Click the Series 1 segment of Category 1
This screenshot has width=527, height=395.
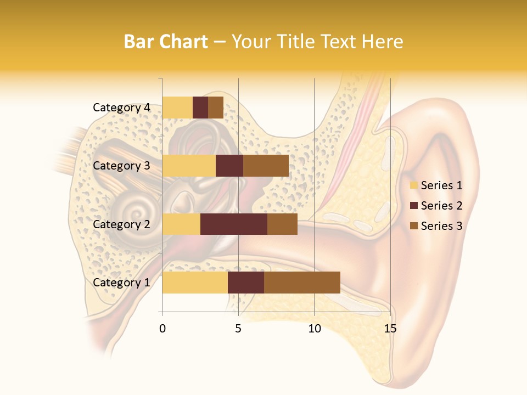pos(195,283)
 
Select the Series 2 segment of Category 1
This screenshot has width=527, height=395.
pos(246,283)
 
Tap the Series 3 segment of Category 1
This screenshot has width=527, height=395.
pos(302,283)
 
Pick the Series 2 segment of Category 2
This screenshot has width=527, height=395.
pos(234,224)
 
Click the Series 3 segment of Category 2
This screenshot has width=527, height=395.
pos(282,224)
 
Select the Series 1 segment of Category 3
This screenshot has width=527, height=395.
pos(189,166)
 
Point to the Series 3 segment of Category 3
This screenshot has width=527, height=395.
pos(266,166)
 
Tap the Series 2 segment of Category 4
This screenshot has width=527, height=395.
pos(200,108)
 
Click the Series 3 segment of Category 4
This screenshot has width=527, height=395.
pos(216,108)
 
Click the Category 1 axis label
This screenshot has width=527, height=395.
pos(121,283)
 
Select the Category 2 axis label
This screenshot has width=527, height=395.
pos(121,224)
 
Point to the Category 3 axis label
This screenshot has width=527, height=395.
pos(121,166)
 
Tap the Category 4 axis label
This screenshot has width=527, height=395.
pos(121,108)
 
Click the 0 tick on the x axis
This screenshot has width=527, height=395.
pos(162,329)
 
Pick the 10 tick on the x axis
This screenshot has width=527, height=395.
pos(314,329)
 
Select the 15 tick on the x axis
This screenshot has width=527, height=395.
pos(390,329)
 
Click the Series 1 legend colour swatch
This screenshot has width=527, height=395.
pos(413,185)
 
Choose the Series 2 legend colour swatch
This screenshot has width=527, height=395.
pos(413,206)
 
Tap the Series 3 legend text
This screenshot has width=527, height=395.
pos(441,226)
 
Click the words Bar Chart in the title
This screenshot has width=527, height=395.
pos(166,42)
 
